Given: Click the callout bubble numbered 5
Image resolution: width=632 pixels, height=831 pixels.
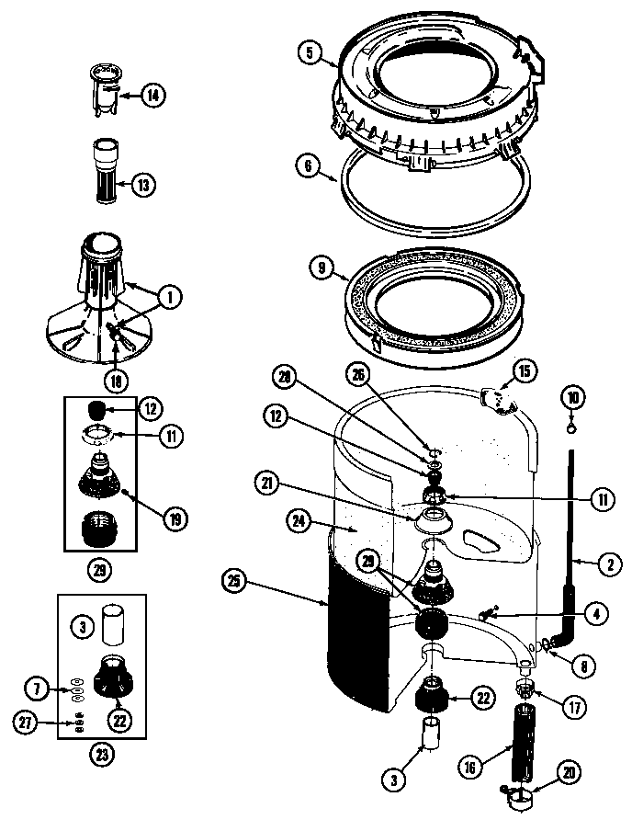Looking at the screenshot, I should [310, 54].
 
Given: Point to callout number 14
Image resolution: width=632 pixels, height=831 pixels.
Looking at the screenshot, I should [152, 94].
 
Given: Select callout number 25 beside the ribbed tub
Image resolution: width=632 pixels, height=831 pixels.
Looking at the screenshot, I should [235, 580].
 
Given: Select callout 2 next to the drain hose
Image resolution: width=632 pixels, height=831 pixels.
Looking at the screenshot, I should [607, 566].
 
